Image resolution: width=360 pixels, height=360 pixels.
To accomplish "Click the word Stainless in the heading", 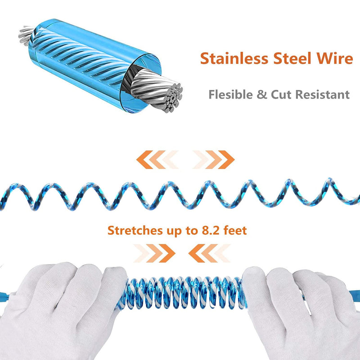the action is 234,58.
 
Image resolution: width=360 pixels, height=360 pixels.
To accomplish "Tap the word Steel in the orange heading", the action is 292,58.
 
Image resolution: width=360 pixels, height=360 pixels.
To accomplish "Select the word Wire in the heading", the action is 335,58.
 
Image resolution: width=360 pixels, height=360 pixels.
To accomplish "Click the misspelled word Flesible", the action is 230,94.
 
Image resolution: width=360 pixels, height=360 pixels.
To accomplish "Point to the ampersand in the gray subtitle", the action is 262,94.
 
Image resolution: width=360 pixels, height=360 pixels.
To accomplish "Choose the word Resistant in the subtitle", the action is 322,94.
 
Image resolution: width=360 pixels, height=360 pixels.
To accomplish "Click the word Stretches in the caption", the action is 135,230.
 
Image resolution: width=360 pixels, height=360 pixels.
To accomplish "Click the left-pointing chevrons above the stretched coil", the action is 157,160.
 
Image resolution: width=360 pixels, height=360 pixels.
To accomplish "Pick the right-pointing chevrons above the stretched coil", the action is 213,160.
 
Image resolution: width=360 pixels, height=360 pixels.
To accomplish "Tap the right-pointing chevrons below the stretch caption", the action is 154,253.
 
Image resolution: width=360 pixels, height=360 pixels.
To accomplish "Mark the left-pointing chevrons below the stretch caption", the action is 209,253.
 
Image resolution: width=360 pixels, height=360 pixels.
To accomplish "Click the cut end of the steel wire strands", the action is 173,97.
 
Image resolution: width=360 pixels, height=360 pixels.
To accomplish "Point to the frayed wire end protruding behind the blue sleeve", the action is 26,35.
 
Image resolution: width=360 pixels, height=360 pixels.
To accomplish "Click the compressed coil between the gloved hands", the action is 183,293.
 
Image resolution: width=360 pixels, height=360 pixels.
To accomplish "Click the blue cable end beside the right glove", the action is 355,295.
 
